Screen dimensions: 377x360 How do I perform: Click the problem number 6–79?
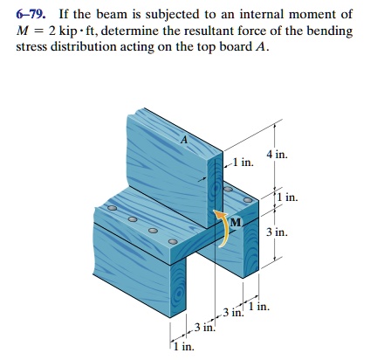[31, 14]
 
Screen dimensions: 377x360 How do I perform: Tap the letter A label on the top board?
[184, 140]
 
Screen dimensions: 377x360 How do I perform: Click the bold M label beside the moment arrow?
[236, 223]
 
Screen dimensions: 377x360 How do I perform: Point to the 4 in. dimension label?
[277, 155]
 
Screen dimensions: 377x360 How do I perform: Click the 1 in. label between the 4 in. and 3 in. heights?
[287, 197]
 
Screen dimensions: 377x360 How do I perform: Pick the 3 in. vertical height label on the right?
[278, 232]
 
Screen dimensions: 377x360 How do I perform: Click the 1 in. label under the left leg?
[184, 347]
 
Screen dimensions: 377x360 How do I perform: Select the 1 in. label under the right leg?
[259, 306]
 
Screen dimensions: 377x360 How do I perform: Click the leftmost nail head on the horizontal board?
[112, 208]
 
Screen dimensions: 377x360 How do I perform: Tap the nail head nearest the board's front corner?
[173, 242]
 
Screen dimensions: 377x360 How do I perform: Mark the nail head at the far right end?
[248, 200]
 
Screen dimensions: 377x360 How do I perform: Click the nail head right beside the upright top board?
[228, 190]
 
